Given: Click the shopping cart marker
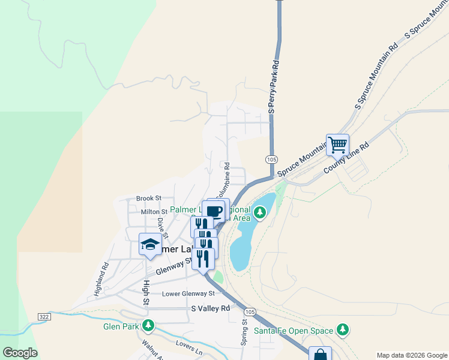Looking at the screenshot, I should tap(337, 144).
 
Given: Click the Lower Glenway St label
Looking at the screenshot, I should tap(188, 294).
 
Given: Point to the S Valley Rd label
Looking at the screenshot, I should tap(210, 308).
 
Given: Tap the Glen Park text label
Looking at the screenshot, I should tap(119, 326).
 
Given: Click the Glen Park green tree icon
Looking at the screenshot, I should tap(148, 326).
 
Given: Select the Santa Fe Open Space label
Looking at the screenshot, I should tap(293, 330).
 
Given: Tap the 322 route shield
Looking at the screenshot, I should tap(43, 316).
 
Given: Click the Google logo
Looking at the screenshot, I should tap(20, 352).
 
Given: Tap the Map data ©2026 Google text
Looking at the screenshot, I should tap(411, 355).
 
